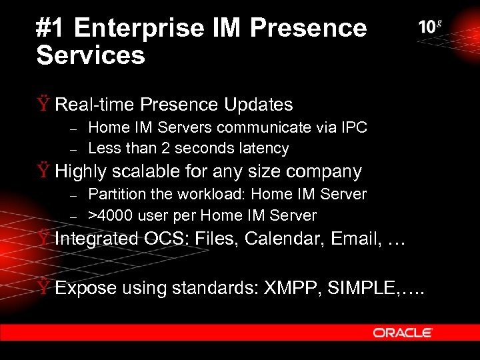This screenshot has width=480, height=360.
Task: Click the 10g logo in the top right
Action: click(430, 27)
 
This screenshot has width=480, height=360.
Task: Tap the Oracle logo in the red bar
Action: click(403, 333)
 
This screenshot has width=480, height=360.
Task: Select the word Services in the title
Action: click(91, 56)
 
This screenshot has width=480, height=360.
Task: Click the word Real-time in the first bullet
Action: click(94, 105)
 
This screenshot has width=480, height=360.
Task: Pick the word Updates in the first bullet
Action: click(259, 105)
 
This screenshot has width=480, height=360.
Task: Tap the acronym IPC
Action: click(353, 127)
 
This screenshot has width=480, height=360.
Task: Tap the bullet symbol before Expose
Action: click(43, 288)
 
